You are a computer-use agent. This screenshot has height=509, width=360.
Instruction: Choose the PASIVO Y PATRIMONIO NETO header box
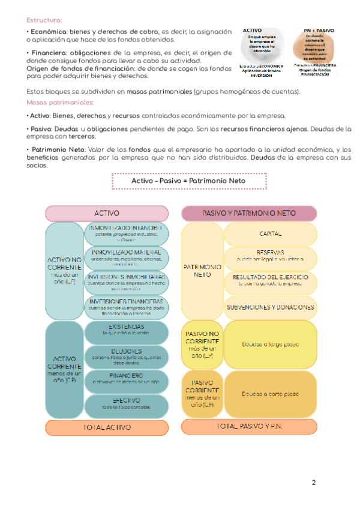click(x=248, y=213)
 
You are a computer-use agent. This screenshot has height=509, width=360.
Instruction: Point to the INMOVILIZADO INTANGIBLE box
click(x=127, y=234)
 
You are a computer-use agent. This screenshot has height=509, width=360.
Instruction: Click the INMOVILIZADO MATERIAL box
click(x=127, y=257)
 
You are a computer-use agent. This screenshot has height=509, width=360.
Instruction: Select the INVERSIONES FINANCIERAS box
click(x=127, y=307)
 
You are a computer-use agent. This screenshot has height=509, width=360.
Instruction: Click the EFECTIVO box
click(x=127, y=403)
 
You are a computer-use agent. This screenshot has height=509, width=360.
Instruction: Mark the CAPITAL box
click(x=271, y=233)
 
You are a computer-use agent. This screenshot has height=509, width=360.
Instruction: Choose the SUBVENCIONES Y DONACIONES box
click(x=271, y=307)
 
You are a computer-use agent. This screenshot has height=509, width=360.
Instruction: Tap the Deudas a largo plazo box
click(x=271, y=345)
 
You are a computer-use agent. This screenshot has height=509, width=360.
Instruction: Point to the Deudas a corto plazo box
click(x=271, y=393)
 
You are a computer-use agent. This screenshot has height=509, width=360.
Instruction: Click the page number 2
click(x=314, y=483)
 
